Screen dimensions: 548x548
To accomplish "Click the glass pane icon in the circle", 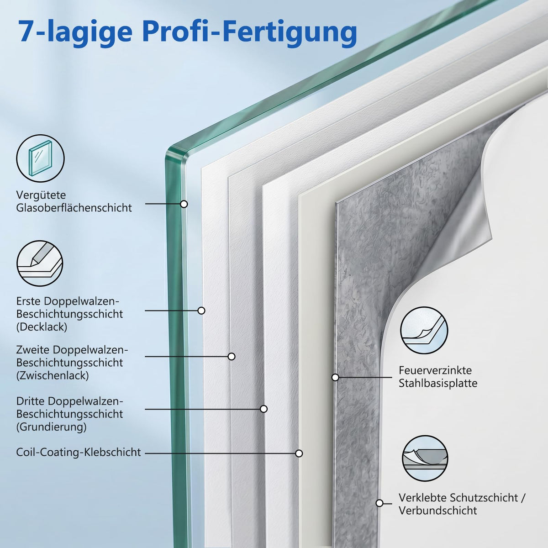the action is (40, 158).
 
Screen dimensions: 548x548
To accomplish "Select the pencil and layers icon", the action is (40, 263).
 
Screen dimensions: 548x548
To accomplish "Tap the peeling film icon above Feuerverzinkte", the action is (424, 331).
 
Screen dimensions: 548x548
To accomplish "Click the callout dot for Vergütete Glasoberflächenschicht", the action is (184, 204).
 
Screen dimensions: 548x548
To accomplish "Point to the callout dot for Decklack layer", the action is (201, 311).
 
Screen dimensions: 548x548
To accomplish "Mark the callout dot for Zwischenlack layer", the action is (232, 356).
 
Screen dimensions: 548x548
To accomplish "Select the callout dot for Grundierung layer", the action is (264, 409).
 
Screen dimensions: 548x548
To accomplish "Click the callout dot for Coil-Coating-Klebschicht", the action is (299, 453).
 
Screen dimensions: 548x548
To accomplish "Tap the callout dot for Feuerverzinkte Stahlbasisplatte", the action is (336, 377).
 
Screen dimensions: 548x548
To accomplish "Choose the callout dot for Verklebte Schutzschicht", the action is (379, 503).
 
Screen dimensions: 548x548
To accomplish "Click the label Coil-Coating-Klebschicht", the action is (79, 452).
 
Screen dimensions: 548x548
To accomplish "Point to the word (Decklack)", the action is (42, 327).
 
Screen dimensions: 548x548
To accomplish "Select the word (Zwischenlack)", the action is (53, 376).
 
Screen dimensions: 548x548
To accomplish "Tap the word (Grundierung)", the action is (51, 427).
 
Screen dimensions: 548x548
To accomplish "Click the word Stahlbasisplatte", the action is (438, 383).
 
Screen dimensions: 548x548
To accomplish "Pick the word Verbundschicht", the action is (437, 511).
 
